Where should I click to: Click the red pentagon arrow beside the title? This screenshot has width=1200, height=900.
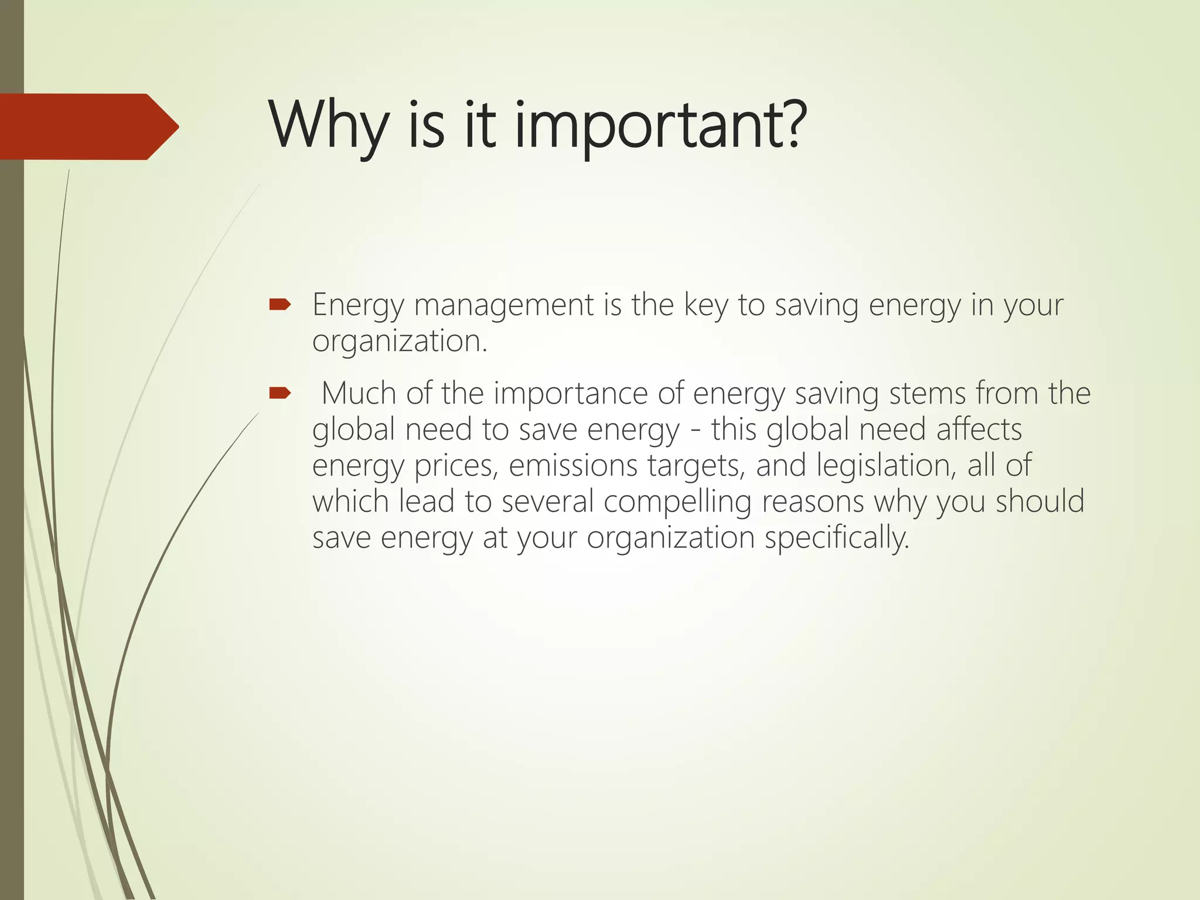(88, 127)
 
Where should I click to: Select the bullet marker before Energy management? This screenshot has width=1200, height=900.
(279, 304)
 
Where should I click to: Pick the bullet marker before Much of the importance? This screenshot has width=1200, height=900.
(279, 393)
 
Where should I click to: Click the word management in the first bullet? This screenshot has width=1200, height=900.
(503, 306)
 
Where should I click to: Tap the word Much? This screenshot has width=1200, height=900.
(359, 393)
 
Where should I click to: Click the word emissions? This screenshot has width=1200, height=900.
(572, 466)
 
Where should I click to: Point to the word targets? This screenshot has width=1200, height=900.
(696, 466)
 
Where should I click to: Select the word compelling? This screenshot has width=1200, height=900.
(677, 503)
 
